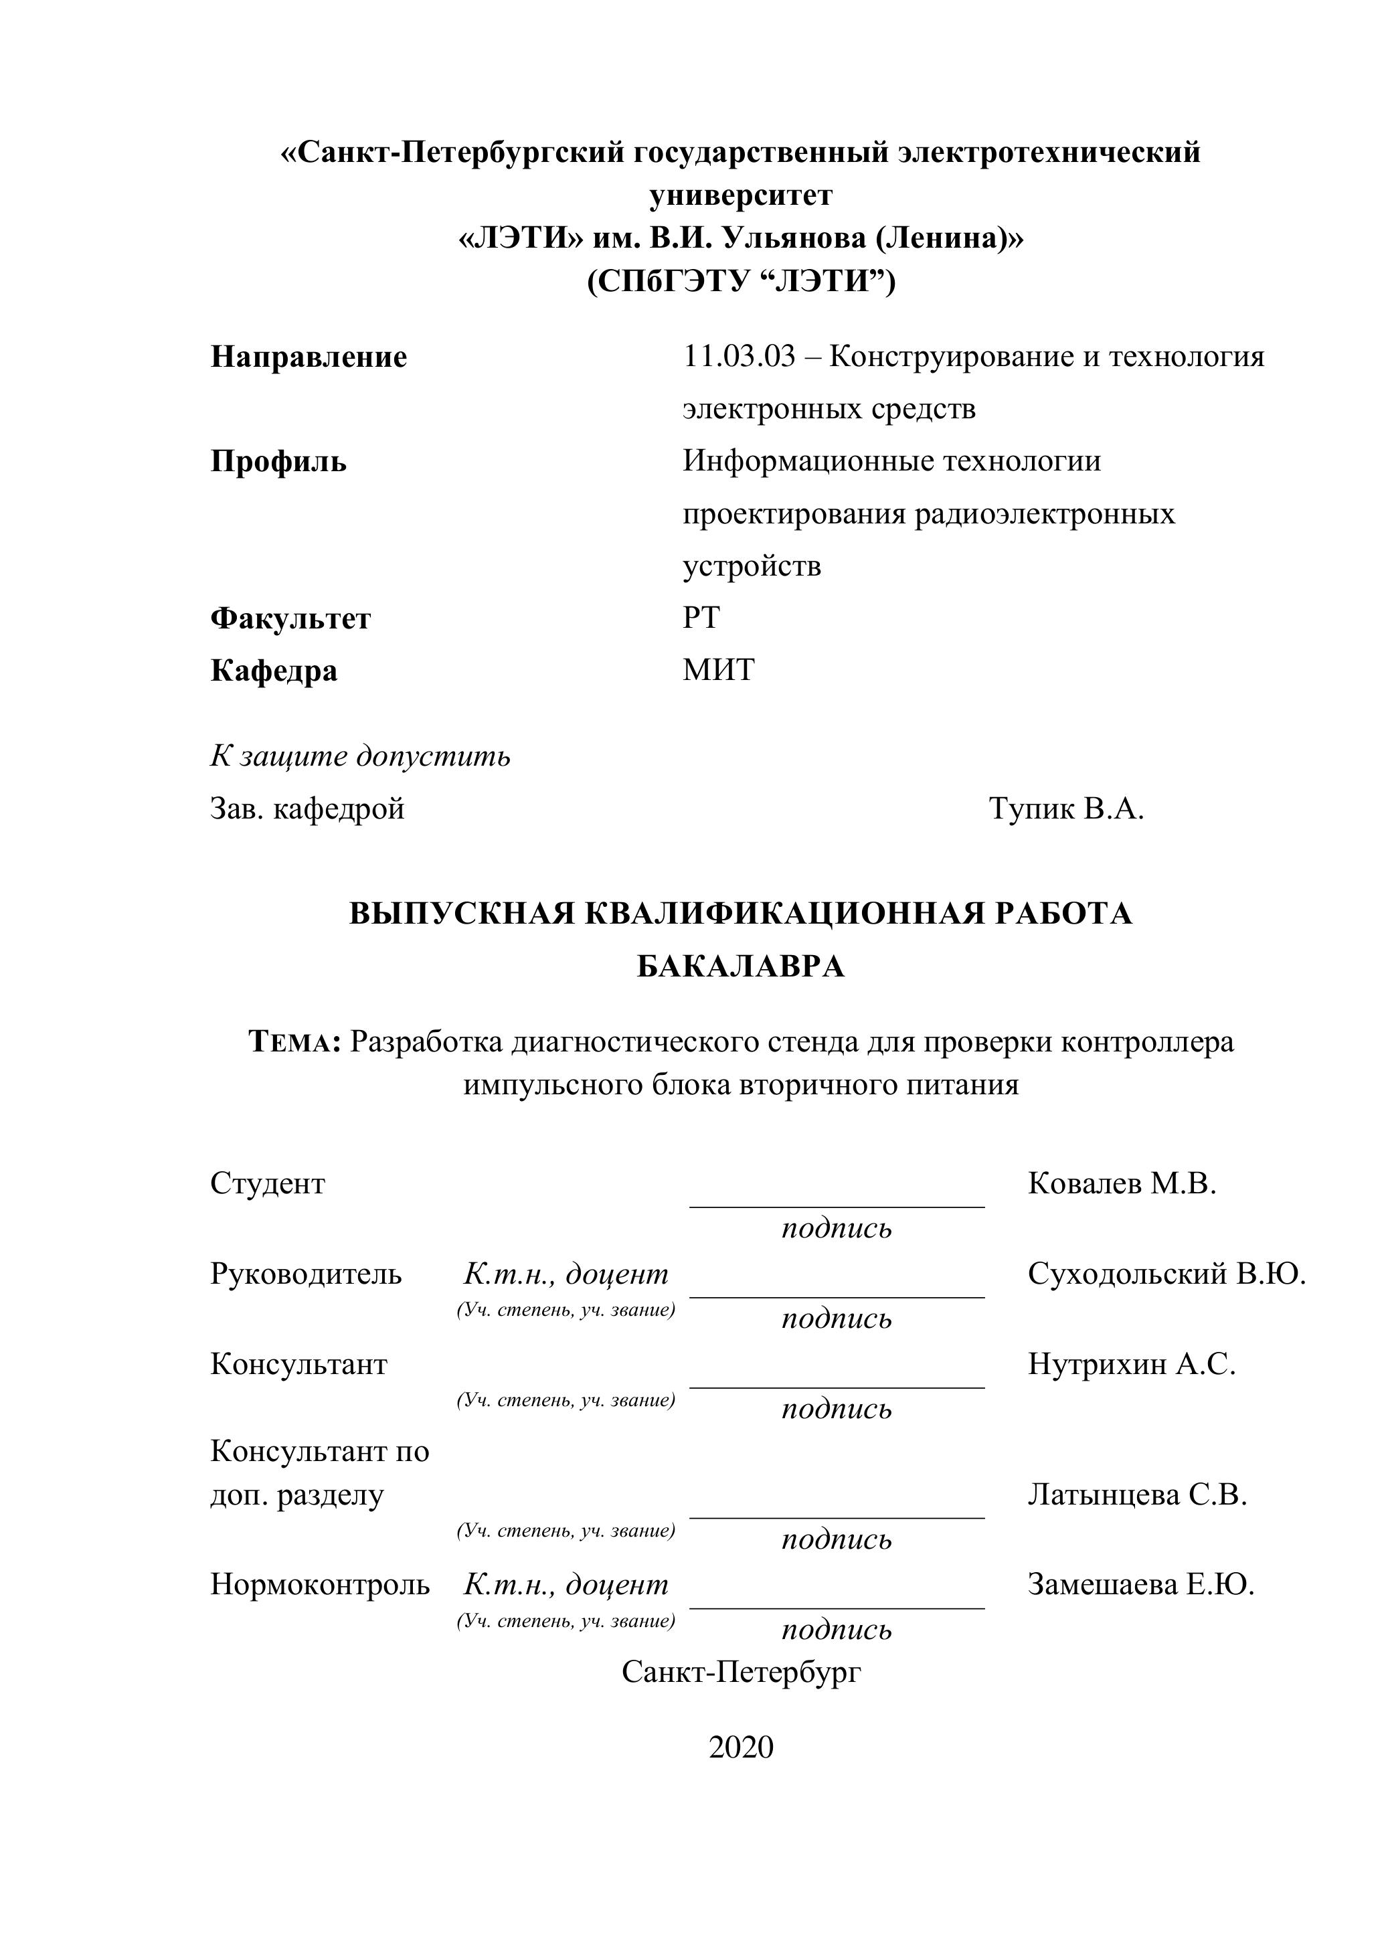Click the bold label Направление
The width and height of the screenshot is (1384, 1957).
click(309, 357)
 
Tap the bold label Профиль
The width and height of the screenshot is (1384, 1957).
click(278, 462)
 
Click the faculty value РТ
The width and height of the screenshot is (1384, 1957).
click(701, 617)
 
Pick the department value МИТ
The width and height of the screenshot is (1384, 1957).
click(718, 670)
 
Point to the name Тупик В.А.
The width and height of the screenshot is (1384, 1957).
click(1065, 808)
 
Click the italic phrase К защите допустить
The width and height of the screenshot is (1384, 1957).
click(361, 756)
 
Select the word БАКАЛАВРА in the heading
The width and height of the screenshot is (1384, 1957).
click(741, 966)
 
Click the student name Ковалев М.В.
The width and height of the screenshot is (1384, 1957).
click(1122, 1183)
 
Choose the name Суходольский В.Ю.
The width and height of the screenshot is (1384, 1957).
click(1166, 1274)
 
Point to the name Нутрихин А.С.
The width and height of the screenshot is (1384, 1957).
click(1131, 1364)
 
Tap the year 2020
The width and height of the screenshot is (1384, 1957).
click(741, 1748)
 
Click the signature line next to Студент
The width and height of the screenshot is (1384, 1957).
click(836, 1205)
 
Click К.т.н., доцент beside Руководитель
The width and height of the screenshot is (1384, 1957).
click(566, 1274)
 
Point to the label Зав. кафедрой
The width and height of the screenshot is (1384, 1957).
click(307, 808)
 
